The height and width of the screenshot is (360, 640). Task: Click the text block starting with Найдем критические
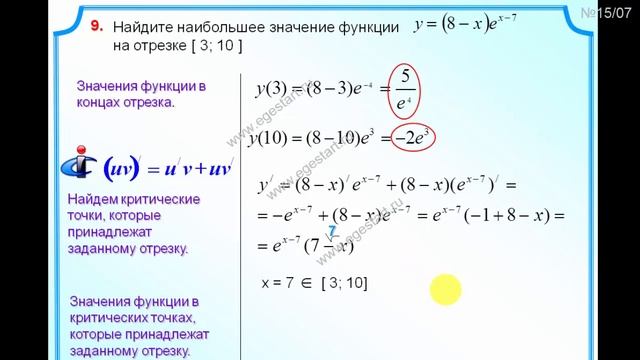coord(134,224)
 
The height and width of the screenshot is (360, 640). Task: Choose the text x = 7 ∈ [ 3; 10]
coord(314,284)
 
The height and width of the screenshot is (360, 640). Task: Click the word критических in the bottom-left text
coord(115,319)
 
